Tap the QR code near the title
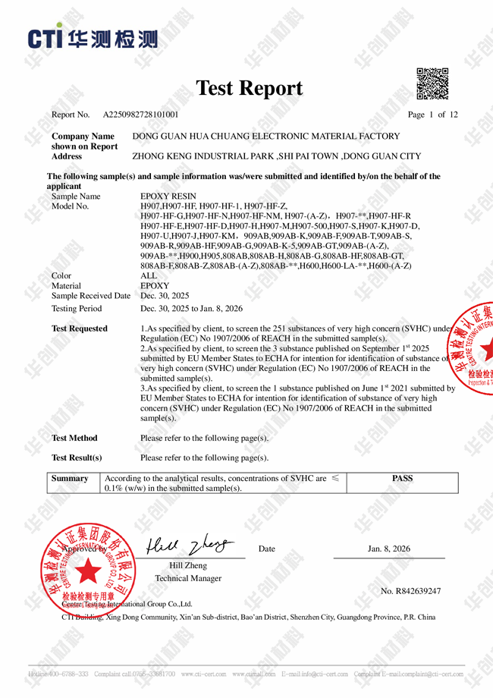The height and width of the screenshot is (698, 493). click(432, 83)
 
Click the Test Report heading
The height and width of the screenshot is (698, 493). click(249, 88)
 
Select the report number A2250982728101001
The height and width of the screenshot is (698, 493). click(140, 115)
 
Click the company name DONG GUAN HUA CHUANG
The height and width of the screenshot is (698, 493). click(265, 137)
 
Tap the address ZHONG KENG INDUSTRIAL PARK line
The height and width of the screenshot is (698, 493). click(276, 156)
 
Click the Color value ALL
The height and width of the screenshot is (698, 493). click(149, 275)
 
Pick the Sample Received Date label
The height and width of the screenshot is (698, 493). click(90, 296)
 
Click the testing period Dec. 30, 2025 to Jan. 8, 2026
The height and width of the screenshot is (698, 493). click(191, 309)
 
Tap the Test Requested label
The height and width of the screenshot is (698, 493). click(79, 329)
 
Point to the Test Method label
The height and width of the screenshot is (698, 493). click(74, 438)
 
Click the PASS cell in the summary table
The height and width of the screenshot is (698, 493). click(402, 479)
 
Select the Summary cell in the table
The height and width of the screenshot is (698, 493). click(70, 479)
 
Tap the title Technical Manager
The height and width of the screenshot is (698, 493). click(188, 578)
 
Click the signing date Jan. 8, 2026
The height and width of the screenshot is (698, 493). click(388, 549)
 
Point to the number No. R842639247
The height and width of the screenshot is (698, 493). click(410, 591)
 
